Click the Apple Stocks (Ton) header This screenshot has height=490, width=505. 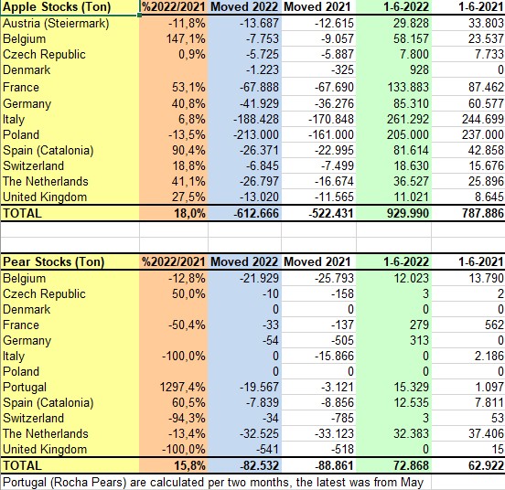pyautogui.click(x=57, y=7)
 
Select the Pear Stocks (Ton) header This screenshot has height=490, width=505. pyautogui.click(x=53, y=261)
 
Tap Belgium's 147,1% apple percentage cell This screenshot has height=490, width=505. pyautogui.click(x=186, y=39)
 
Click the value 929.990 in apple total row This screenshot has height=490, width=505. pyautogui.click(x=408, y=213)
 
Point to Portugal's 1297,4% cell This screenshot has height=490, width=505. pyautogui.click(x=183, y=387)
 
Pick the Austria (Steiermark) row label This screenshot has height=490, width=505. pyautogui.click(x=56, y=24)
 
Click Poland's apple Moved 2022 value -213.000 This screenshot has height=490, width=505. pyautogui.click(x=256, y=134)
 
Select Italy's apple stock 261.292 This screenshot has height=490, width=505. pyautogui.click(x=408, y=120)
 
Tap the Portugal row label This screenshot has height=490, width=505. pyautogui.click(x=25, y=388)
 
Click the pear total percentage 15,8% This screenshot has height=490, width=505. pyautogui.click(x=189, y=466)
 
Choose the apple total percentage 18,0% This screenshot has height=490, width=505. pyautogui.click(x=189, y=213)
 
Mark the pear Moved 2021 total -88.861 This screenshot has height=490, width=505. pyautogui.click(x=334, y=466)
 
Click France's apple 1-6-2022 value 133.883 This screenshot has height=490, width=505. pyautogui.click(x=408, y=87)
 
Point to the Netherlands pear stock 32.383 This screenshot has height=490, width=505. pyautogui.click(x=411, y=433)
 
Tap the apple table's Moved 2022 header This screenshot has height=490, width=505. pyautogui.click(x=244, y=7)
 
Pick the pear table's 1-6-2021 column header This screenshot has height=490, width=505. pyautogui.click(x=481, y=261)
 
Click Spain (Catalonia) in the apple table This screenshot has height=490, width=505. pyautogui.click(x=48, y=151)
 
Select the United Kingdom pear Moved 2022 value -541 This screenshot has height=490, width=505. pyautogui.click(x=267, y=449)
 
